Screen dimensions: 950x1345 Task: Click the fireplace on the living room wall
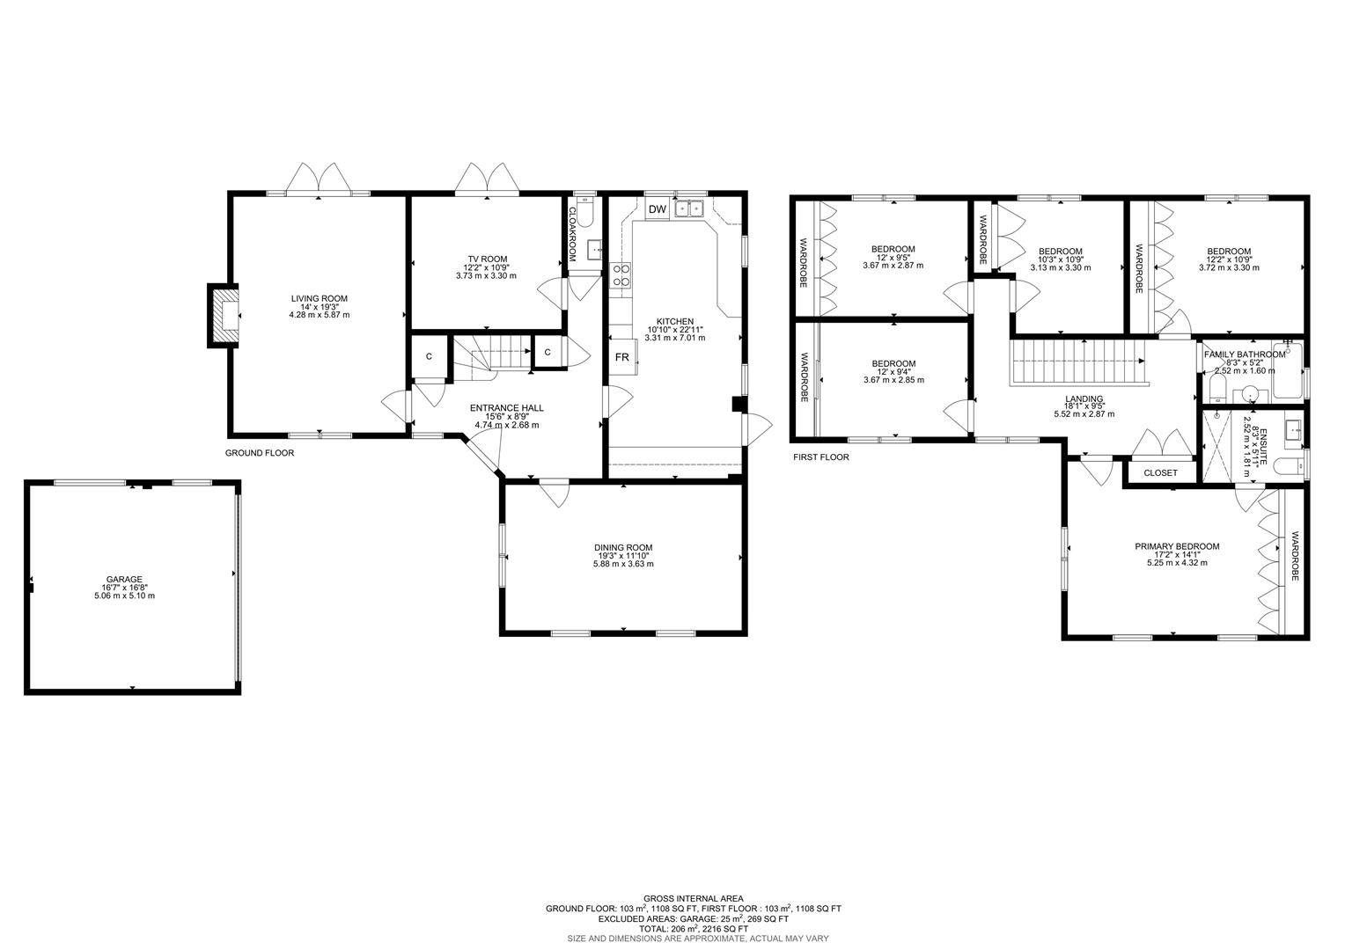(224, 315)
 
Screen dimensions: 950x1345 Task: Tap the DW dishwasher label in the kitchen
(657, 209)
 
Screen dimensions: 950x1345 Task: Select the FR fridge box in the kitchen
(621, 357)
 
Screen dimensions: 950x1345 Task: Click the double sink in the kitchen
(689, 208)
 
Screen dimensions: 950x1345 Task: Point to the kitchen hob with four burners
(621, 275)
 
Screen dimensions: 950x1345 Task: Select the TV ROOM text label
(486, 259)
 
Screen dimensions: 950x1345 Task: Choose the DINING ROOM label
(623, 547)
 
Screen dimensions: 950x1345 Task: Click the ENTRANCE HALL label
(506, 408)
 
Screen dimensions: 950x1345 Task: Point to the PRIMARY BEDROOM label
(1177, 546)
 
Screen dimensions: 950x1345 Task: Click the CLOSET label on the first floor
(1160, 473)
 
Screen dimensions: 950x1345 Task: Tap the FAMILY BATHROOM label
(1245, 354)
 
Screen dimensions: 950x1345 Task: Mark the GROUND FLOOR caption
(260, 453)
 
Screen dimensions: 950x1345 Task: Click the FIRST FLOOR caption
(821, 457)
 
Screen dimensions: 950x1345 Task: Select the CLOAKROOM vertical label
(571, 234)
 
